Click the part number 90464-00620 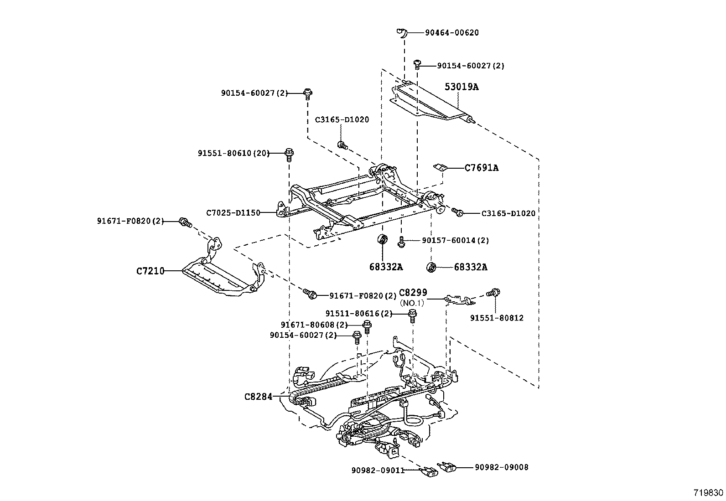click(451, 33)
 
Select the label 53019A click(462, 87)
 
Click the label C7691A click(481, 168)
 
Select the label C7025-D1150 click(233, 212)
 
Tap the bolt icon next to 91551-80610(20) click(289, 154)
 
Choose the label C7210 click(150, 271)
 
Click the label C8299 click(413, 293)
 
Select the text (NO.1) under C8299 click(412, 303)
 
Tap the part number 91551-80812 click(497, 318)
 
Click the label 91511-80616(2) click(358, 314)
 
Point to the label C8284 click(258, 397)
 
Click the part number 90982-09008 click(501, 467)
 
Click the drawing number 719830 click(708, 493)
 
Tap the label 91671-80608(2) click(314, 325)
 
